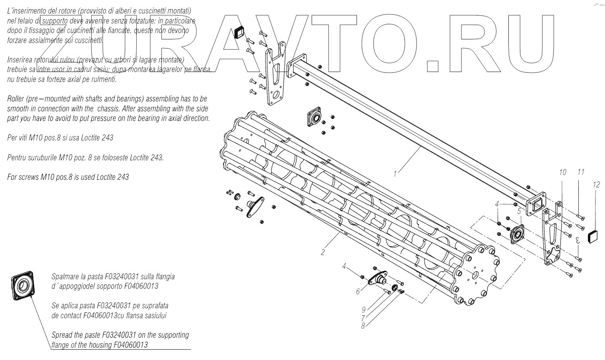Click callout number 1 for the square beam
[x=395, y=174]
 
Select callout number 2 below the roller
[x=323, y=252]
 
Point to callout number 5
[x=519, y=211]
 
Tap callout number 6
[x=358, y=292]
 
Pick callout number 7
[x=363, y=318]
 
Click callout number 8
[x=363, y=325]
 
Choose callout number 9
[x=363, y=309]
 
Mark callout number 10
[x=562, y=172]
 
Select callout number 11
[x=581, y=172]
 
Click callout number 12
[x=596, y=185]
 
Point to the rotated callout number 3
[x=578, y=240]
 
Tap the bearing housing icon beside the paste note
[x=22, y=286]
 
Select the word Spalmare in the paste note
[x=66, y=276]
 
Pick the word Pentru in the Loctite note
[x=17, y=158]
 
